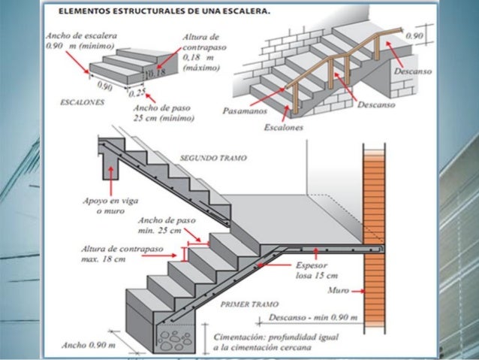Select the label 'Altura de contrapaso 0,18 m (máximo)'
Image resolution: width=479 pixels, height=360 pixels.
tap(203, 48)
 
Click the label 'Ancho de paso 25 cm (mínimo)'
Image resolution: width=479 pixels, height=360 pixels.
tap(167, 113)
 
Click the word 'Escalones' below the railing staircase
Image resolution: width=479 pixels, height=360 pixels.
tap(283, 129)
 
